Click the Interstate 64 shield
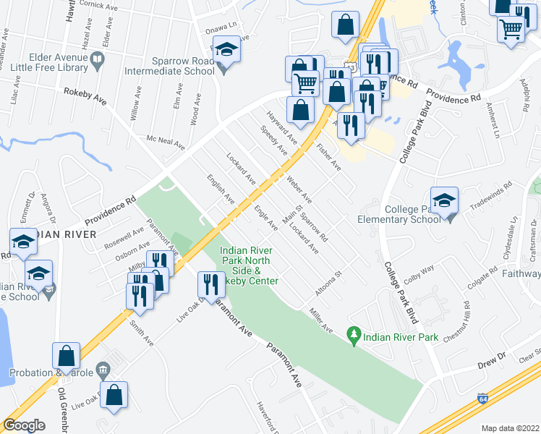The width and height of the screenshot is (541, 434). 482,399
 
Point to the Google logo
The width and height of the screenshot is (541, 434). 24,425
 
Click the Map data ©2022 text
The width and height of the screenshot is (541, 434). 510,428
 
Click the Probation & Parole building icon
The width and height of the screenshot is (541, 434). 102,371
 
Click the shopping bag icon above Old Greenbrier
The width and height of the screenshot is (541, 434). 66,355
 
